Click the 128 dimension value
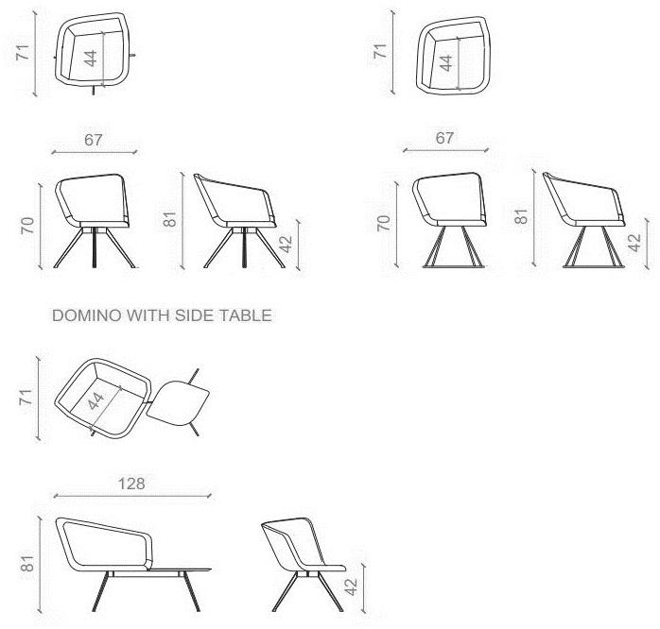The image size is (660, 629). (131, 484)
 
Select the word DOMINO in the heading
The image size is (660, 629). (80, 316)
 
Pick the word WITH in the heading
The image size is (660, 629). (146, 316)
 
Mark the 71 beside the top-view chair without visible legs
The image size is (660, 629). (382, 51)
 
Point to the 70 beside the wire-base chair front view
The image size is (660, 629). (383, 223)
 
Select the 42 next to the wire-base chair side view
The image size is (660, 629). (634, 244)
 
